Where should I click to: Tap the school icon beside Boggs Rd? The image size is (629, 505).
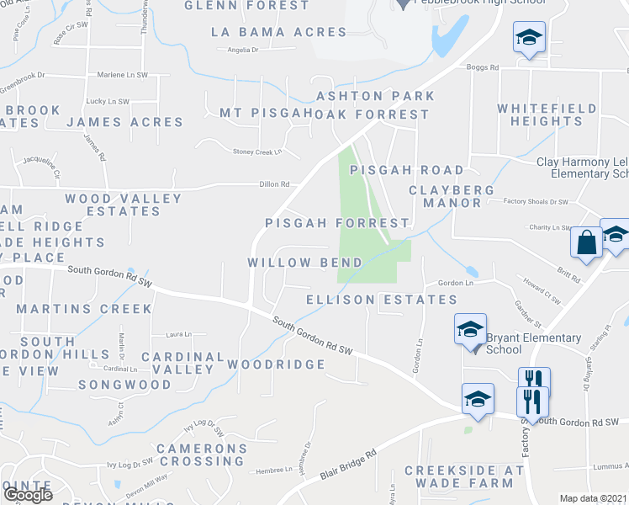[x=530, y=38]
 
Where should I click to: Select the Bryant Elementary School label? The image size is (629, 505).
[x=533, y=343]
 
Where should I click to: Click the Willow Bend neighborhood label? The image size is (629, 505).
[x=305, y=263]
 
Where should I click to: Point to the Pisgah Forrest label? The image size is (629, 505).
[x=337, y=223]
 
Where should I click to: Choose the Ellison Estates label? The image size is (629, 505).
[x=382, y=300]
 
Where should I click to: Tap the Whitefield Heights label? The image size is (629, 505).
[x=547, y=114]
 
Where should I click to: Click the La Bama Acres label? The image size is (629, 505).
[x=279, y=32]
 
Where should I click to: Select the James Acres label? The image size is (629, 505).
[x=124, y=122]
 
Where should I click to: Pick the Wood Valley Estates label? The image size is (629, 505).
[x=123, y=205]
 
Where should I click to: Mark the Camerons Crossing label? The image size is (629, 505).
[x=202, y=454]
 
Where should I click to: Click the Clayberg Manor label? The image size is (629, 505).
[x=446, y=196]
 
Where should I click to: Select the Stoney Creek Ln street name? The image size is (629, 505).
[x=256, y=151]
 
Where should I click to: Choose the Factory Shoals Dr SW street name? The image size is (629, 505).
[x=536, y=202]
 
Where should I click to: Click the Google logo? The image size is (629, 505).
[x=27, y=495]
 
